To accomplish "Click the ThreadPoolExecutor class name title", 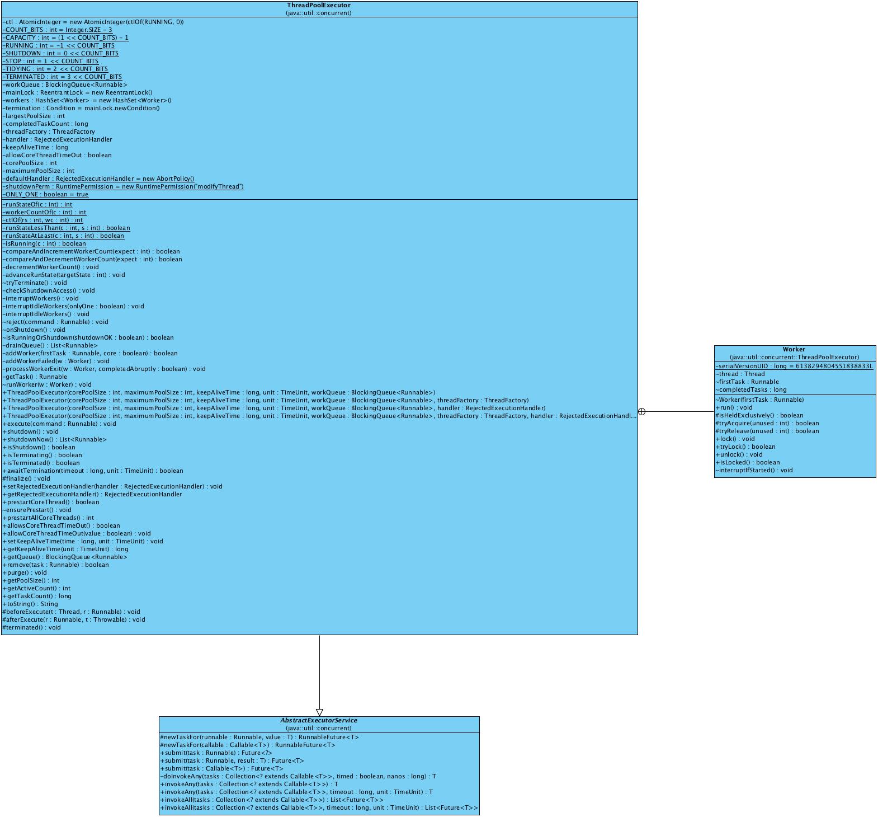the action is [x=319, y=6].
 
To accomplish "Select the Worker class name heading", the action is [x=794, y=349].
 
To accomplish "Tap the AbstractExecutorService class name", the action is [x=319, y=721].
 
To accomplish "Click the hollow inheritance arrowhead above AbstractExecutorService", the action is [x=319, y=712].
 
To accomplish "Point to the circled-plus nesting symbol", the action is [x=642, y=412].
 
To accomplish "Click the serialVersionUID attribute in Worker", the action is [x=794, y=366].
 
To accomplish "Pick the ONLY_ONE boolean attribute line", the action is [x=46, y=194].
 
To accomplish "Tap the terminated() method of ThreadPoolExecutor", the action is [x=32, y=627].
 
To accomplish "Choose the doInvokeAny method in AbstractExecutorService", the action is [x=298, y=776].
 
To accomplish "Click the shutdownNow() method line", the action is [x=55, y=439].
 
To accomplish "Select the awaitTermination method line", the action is [x=93, y=471].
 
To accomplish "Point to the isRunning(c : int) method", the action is [x=45, y=243].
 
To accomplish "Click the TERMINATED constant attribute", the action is [x=62, y=77].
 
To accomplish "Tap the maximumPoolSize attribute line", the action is [x=39, y=171].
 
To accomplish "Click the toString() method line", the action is [x=31, y=604].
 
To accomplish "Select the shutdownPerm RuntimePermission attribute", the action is [x=123, y=186].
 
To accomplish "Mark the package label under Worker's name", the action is [x=794, y=357].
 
